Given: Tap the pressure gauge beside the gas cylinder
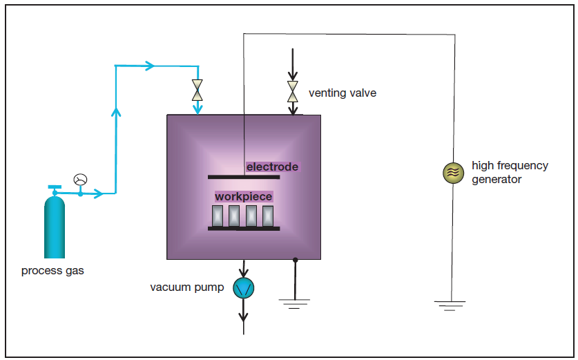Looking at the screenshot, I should tap(80, 180).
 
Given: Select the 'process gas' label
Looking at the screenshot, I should tap(52, 271).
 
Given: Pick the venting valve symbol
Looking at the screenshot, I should tap(293, 91).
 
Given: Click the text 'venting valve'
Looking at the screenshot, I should tap(343, 93).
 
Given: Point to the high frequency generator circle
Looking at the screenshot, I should tap(453, 173).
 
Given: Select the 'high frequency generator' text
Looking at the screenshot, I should tap(510, 172).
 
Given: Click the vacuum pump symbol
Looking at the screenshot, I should tap(243, 287).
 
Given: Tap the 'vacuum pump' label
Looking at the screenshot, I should tap(186, 287).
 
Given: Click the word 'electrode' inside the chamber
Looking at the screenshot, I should tap(272, 167).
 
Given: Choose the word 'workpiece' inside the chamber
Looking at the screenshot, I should tap(243, 196).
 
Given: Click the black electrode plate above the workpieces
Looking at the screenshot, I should tap(244, 177).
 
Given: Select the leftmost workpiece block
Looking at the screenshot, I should tap(218, 216).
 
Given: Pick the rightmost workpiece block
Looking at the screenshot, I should tap(268, 216).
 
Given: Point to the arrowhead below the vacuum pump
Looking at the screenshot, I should tap(243, 317).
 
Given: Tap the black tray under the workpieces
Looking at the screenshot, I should tap(244, 228).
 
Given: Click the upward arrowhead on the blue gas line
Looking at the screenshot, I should tap(116, 111).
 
